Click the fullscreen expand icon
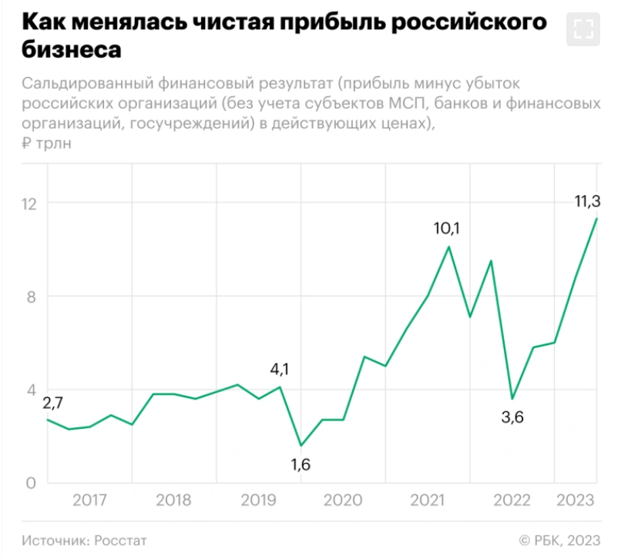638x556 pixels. [x=584, y=29]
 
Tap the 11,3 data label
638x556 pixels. [x=587, y=202]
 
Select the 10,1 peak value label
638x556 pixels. [x=446, y=229]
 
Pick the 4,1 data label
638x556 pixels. [x=279, y=369]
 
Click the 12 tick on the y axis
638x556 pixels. [x=29, y=203]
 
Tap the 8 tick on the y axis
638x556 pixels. [x=32, y=296]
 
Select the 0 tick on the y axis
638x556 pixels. [x=32, y=484]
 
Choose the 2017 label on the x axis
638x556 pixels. [x=89, y=501]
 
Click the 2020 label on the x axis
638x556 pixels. [x=342, y=501]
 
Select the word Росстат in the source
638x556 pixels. [x=121, y=541]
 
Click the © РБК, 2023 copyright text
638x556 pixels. [x=559, y=541]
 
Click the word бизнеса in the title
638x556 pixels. [x=72, y=50]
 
